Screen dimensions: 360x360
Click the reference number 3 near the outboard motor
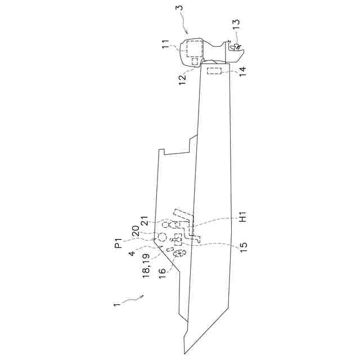coord(181,7)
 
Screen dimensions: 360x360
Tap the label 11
coord(166,44)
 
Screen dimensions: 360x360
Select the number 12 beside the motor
coord(183,80)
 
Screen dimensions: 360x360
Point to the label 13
coord(236,25)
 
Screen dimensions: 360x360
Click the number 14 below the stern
coord(242,71)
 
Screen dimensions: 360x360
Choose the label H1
coord(242,217)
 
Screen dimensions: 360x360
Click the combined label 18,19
coord(146,265)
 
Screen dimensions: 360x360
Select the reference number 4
coord(132,254)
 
